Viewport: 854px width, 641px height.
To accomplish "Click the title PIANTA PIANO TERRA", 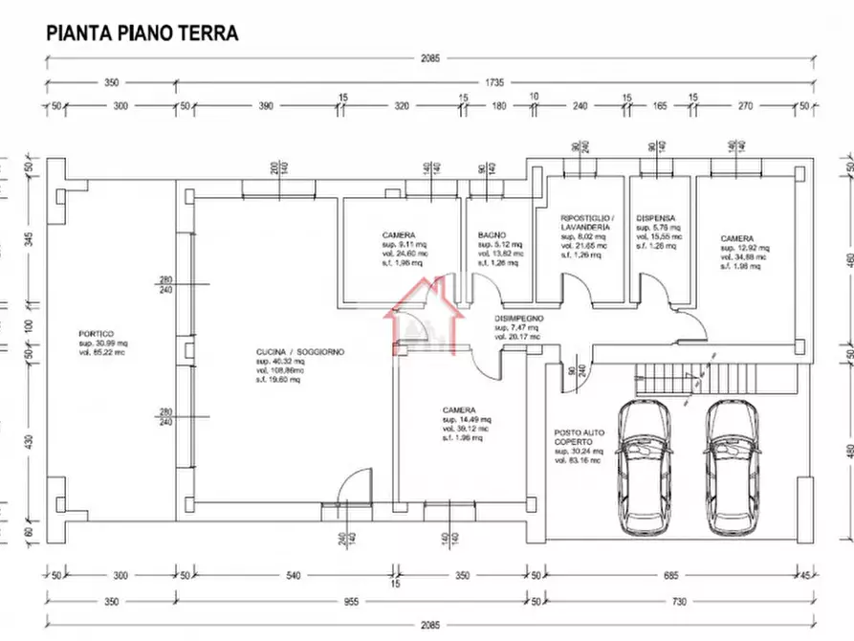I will pyautogui.click(x=142, y=33).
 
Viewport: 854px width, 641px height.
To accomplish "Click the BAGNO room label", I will pyautogui.click(x=492, y=234).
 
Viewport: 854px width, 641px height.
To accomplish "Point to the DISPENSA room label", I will pyautogui.click(x=656, y=218).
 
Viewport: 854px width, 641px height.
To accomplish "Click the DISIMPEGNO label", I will pyautogui.click(x=519, y=318).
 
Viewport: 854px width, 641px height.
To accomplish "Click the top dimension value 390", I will pyautogui.click(x=261, y=106).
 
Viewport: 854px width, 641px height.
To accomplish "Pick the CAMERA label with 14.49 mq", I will pyautogui.click(x=459, y=409).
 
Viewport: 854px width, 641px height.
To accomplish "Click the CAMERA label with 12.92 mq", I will pyautogui.click(x=737, y=238).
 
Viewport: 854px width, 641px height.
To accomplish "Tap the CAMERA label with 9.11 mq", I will pyautogui.click(x=398, y=234).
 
